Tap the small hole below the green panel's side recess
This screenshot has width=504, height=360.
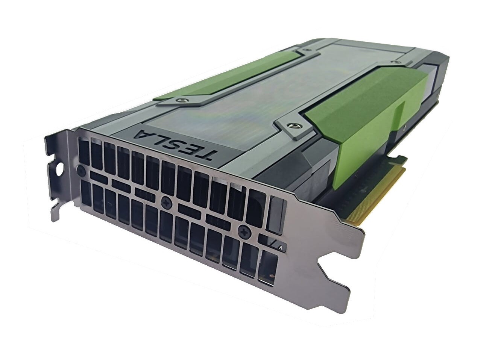[404, 128]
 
